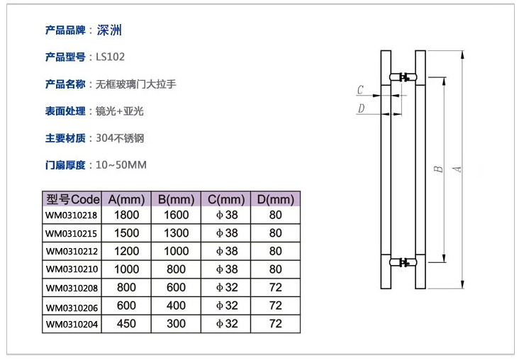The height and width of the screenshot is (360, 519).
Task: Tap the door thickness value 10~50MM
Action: click(x=121, y=165)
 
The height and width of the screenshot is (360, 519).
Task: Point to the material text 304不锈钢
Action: click(x=115, y=138)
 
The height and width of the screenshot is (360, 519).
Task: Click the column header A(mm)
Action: click(x=126, y=199)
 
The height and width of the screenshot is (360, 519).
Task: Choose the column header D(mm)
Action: click(x=275, y=199)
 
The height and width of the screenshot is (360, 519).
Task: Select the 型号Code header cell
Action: click(x=72, y=199)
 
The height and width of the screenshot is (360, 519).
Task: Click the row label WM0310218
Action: click(x=72, y=215)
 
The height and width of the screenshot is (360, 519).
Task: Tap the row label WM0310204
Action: click(x=72, y=324)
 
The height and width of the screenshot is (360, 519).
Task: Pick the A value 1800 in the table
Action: click(x=126, y=215)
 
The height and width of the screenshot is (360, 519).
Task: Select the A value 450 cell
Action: click(x=126, y=324)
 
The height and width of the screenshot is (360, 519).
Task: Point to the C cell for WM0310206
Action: click(x=226, y=305)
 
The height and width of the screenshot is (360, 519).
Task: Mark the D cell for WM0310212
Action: click(x=275, y=251)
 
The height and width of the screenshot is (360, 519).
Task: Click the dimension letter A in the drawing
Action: click(x=458, y=169)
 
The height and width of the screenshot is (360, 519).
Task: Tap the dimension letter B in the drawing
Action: click(x=439, y=169)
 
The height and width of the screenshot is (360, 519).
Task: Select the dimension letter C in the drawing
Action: click(x=360, y=90)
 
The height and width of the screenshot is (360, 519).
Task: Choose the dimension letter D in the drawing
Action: click(x=360, y=108)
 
